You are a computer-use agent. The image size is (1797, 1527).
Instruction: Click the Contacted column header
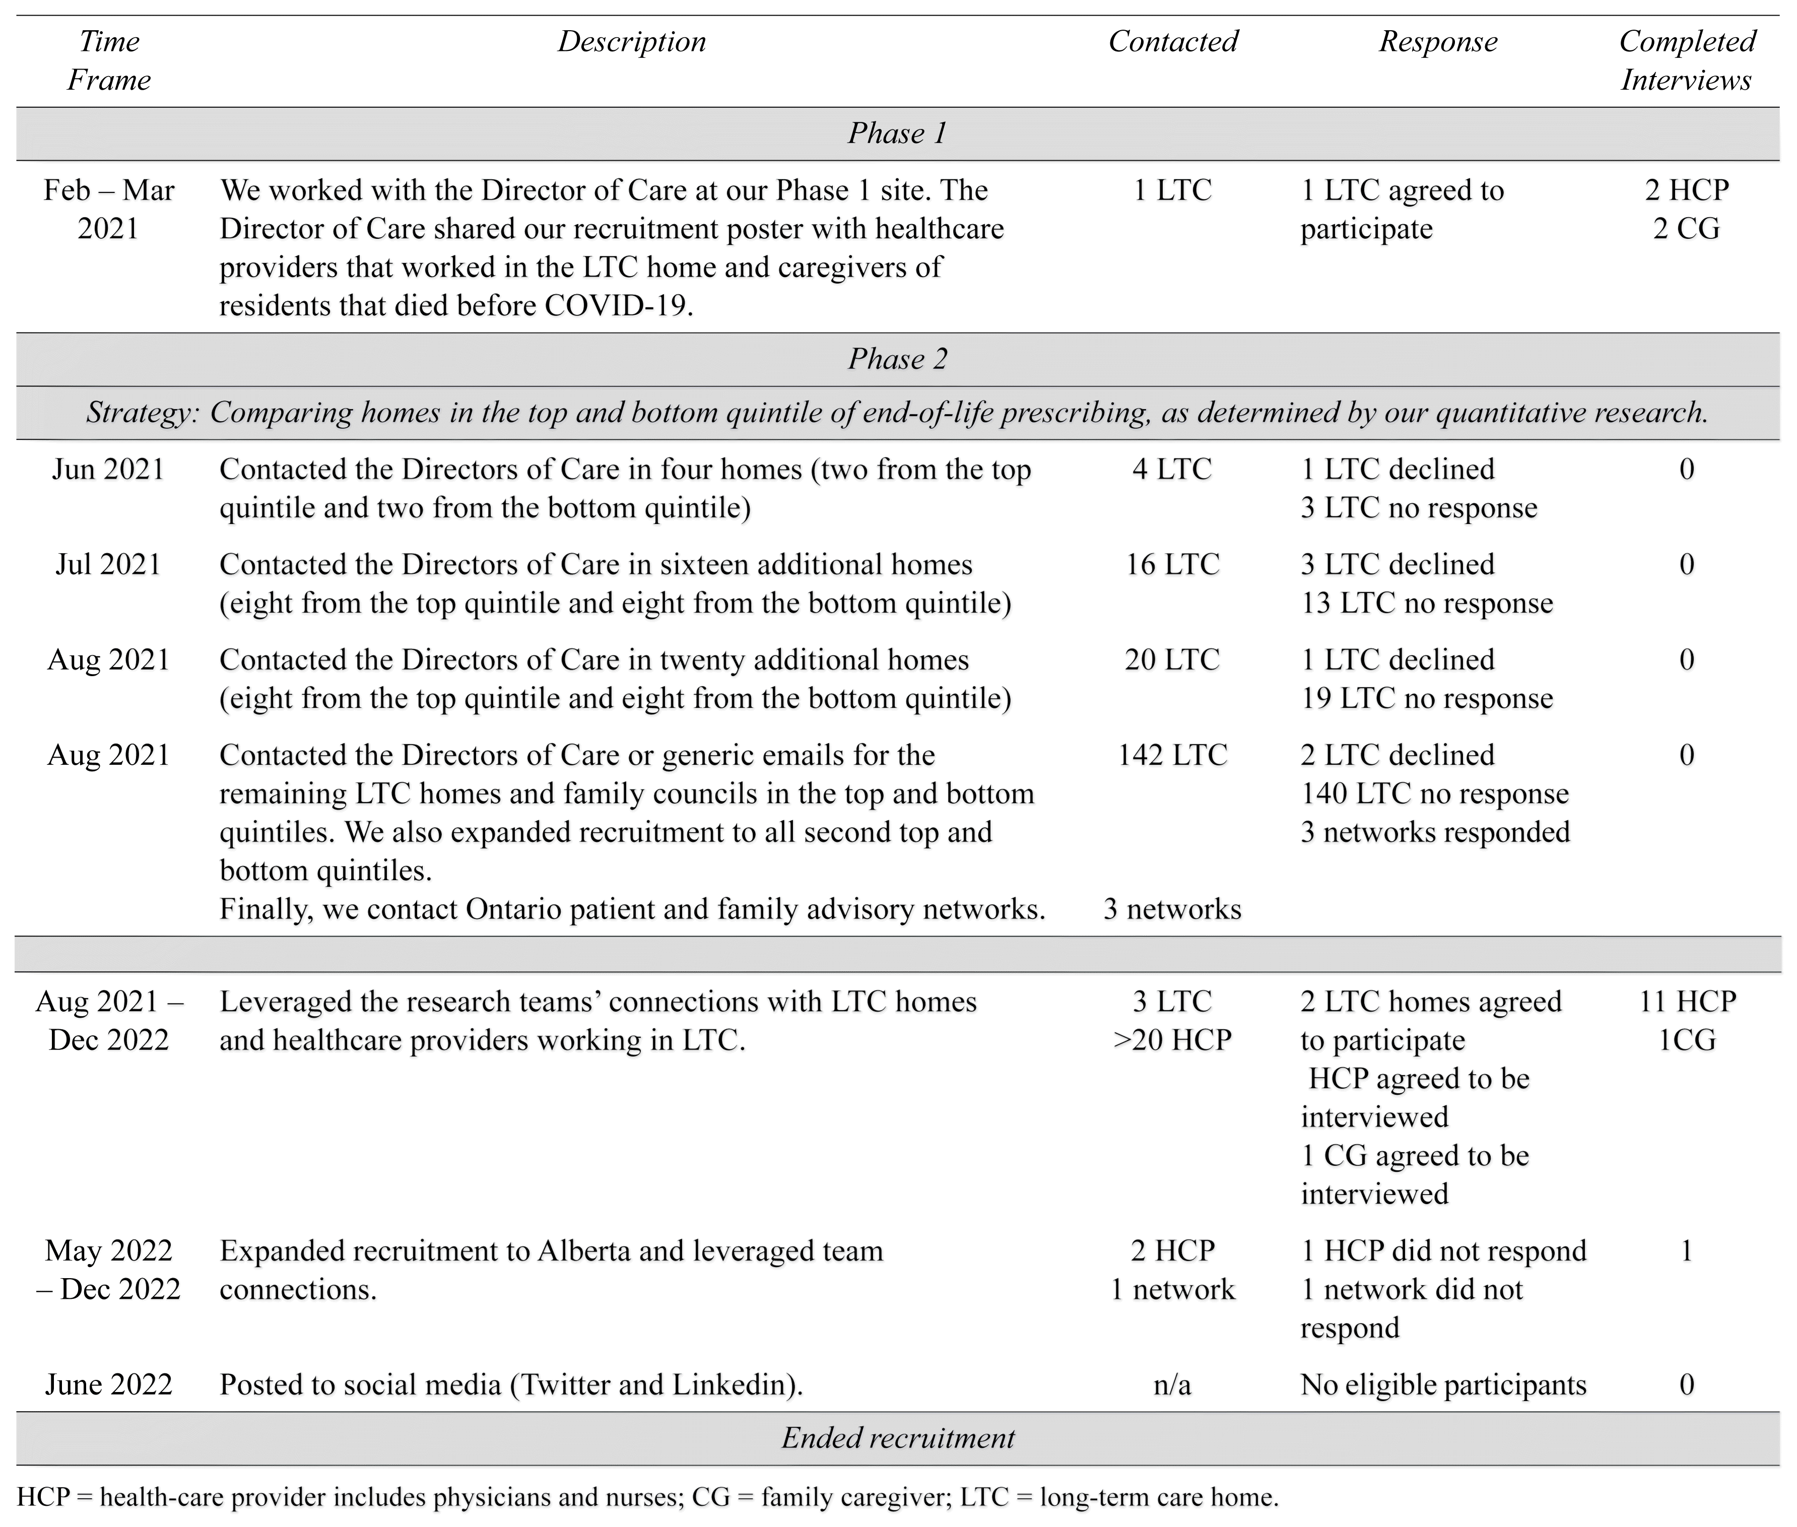click(1173, 41)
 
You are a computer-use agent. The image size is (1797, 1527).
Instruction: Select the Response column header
click(1438, 41)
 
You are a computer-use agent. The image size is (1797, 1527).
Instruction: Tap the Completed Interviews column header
click(1686, 60)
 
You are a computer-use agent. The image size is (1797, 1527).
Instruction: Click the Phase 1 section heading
click(898, 134)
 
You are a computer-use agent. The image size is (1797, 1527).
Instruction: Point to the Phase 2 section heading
click(898, 359)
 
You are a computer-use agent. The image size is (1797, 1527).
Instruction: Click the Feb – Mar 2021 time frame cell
click(109, 210)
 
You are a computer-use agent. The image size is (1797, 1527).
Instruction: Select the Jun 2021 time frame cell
click(108, 469)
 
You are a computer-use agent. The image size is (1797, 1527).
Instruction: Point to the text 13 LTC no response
click(1427, 604)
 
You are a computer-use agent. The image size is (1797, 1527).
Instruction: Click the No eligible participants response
click(1443, 1385)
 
